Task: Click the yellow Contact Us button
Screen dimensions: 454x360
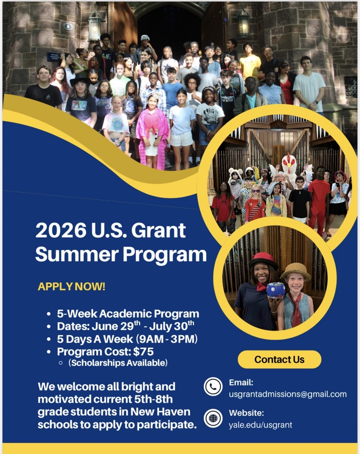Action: [x=279, y=359]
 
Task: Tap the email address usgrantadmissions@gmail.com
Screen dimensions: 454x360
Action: [x=288, y=394]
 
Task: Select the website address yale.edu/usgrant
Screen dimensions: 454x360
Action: [x=260, y=424]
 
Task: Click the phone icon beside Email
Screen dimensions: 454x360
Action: [x=213, y=387]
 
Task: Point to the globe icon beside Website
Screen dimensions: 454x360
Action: [x=213, y=417]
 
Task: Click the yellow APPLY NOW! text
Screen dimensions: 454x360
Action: [x=72, y=287]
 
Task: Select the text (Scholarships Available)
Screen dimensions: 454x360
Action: [x=118, y=363]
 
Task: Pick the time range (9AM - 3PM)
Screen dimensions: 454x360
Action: [x=167, y=339]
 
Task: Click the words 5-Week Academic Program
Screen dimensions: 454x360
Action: [x=128, y=314]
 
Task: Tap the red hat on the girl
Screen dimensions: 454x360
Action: [x=264, y=260]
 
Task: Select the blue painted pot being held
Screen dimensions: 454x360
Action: [x=276, y=290]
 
